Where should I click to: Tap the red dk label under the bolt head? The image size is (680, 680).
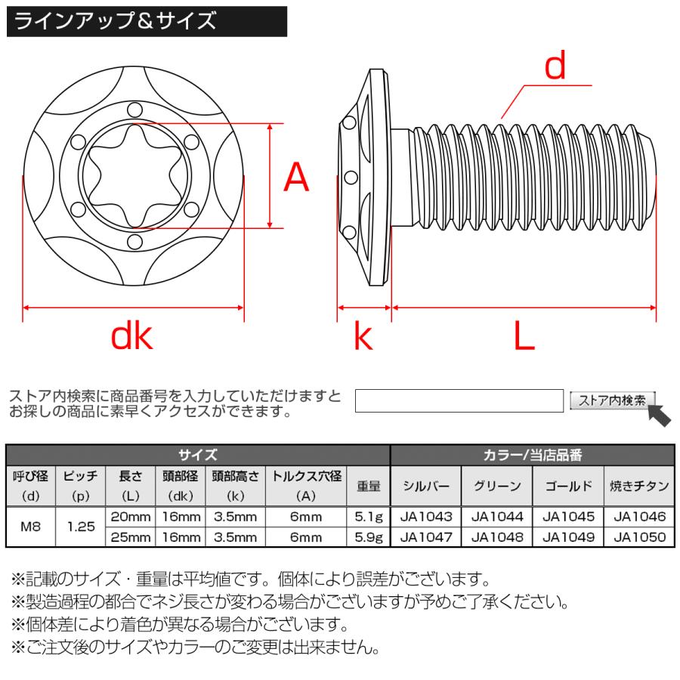132,336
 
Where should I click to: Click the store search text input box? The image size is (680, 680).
459,400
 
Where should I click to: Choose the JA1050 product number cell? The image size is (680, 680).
639,538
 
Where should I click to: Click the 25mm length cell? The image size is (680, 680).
131,538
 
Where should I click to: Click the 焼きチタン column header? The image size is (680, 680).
639,487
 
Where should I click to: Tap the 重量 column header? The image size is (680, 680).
369,487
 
